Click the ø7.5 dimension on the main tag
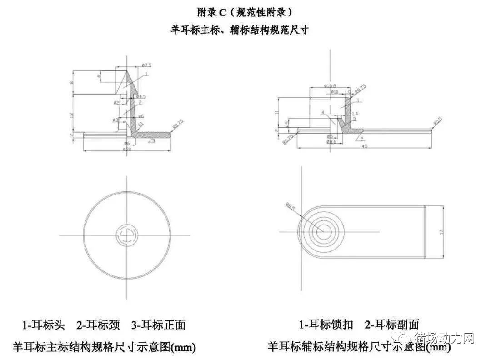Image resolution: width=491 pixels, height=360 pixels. [x=146, y=66]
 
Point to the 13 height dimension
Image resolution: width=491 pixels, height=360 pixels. [x=71, y=115]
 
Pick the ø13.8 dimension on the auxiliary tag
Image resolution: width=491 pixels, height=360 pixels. [x=330, y=85]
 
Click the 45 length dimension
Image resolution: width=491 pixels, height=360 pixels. [x=365, y=146]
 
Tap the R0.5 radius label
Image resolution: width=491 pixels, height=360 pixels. [x=437, y=121]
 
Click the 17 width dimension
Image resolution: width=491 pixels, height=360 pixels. [x=441, y=231]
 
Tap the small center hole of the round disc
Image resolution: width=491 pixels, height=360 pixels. [x=125, y=235]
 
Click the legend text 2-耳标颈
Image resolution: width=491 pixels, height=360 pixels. [x=98, y=325]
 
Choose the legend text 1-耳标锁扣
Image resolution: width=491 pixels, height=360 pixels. [x=326, y=325]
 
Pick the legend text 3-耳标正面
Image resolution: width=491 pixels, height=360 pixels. [x=158, y=325]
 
